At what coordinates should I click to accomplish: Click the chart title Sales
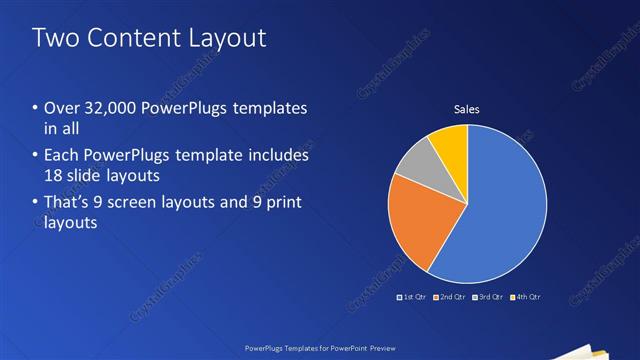tap(467, 108)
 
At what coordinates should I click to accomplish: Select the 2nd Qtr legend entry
tap(451, 297)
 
